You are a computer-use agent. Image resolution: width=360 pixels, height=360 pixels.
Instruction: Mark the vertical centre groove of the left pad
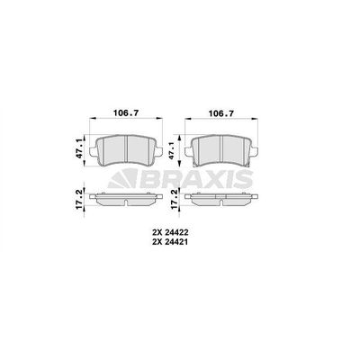coord(126,148)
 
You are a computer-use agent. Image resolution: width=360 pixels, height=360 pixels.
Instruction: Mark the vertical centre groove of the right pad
coord(222,148)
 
